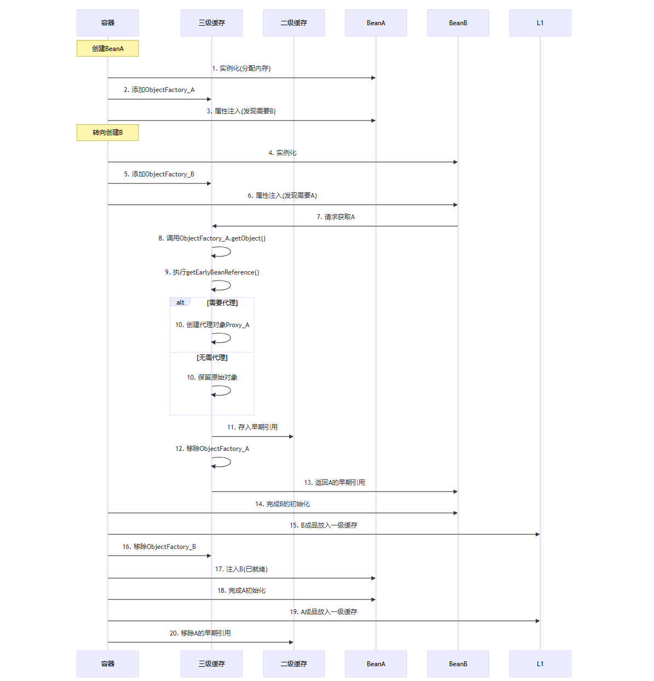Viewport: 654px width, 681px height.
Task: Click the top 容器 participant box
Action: [x=107, y=23]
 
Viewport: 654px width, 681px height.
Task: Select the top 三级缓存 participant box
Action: [x=211, y=23]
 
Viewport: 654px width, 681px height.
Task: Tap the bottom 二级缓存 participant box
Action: [x=294, y=664]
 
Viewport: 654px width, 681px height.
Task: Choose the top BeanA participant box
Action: [x=376, y=23]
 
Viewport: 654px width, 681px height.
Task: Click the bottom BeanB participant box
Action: [x=458, y=664]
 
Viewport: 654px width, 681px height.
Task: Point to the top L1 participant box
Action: [x=540, y=23]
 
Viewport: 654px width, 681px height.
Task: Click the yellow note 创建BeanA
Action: [x=108, y=48]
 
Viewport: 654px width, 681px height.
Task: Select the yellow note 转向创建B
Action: [x=108, y=133]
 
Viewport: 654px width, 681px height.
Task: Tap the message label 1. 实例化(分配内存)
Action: [x=241, y=68]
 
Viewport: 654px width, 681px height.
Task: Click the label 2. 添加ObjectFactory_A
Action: [x=159, y=90]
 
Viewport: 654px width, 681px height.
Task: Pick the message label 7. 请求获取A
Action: [x=336, y=217]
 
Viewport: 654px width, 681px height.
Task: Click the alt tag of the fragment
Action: [x=180, y=302]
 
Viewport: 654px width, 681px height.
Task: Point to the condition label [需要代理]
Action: [x=222, y=303]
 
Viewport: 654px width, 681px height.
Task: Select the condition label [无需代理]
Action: [x=212, y=358]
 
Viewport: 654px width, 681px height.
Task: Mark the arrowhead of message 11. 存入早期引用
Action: [x=291, y=437]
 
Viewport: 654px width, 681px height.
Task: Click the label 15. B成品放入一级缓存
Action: [x=323, y=525]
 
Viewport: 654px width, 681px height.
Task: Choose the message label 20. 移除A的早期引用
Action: [x=200, y=633]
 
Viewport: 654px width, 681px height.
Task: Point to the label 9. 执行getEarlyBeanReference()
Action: [x=212, y=272]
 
